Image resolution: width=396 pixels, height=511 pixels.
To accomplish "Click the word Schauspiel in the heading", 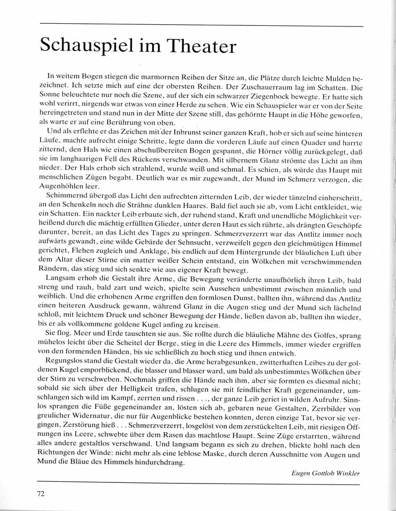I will (x=85, y=47).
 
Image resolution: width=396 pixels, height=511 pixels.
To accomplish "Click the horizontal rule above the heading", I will (x=201, y=25).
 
